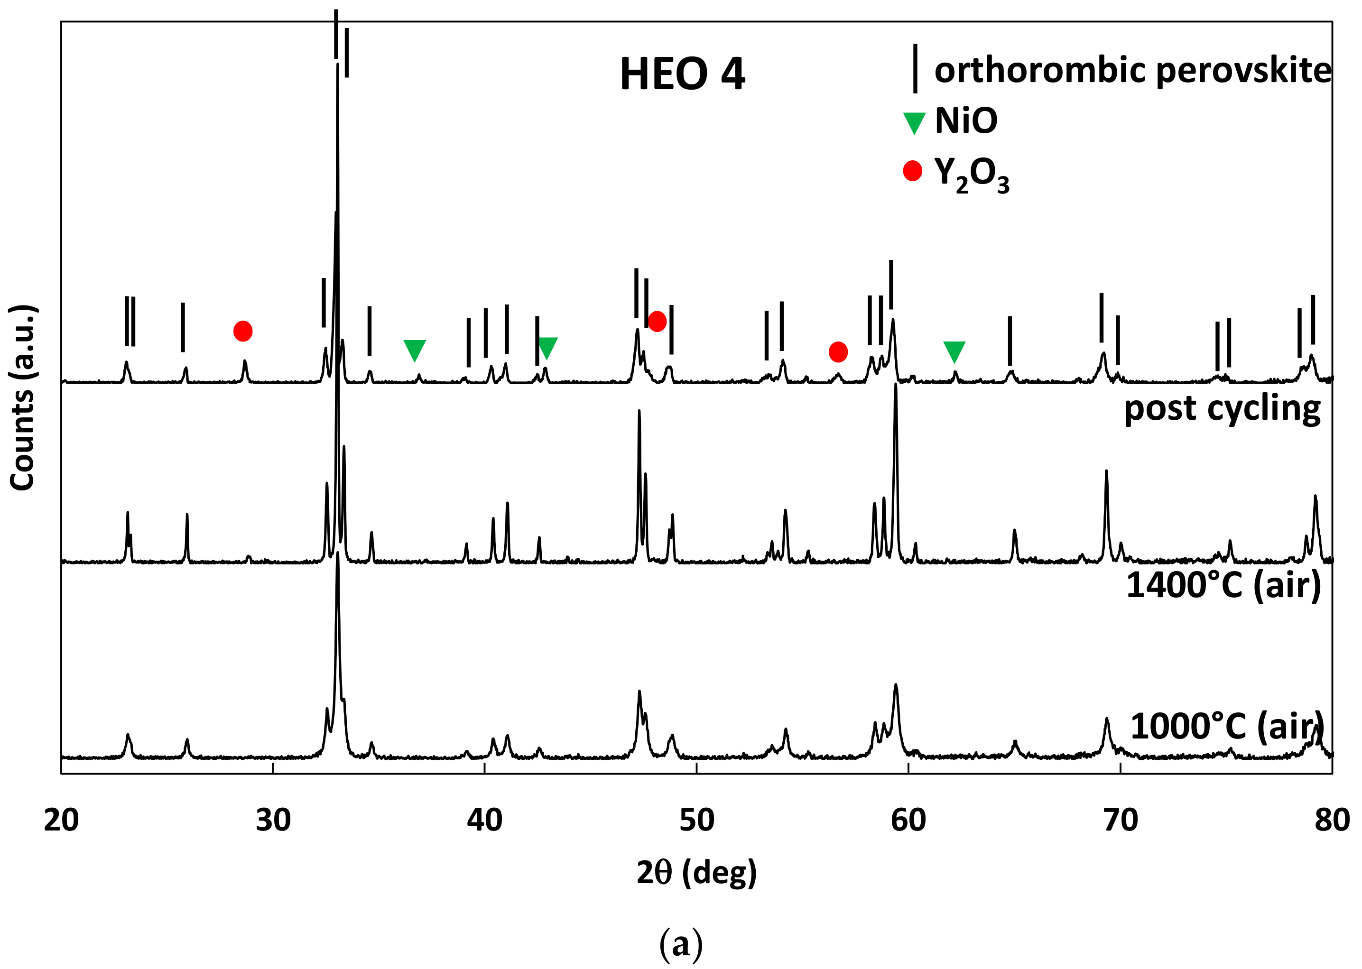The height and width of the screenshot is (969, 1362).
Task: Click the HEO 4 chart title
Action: pos(682,74)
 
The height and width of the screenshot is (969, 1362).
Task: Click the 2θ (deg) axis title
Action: pos(696,873)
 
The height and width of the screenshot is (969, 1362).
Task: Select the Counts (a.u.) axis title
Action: pos(23,398)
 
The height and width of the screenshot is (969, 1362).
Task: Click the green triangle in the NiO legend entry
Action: pos(914,123)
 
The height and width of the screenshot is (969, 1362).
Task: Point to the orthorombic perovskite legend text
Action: pos(1132,70)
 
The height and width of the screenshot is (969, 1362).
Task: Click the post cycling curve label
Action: pos(1222,409)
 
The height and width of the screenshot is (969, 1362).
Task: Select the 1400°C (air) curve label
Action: pos(1223,585)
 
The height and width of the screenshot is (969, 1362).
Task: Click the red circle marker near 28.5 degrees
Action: pos(243,331)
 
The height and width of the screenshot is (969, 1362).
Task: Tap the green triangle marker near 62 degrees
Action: pos(954,351)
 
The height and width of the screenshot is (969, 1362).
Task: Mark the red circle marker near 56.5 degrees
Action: pos(838,352)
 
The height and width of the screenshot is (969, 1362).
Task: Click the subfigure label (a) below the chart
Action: pos(681,944)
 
